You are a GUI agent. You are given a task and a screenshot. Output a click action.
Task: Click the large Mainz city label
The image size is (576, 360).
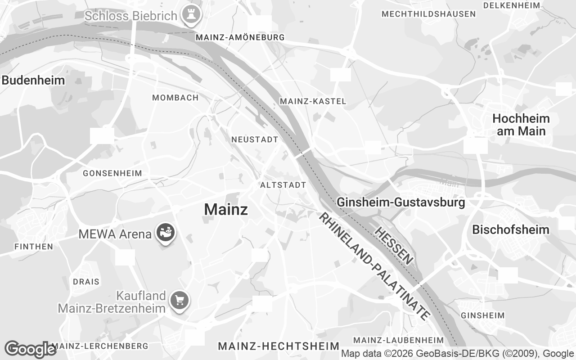[x=226, y=209]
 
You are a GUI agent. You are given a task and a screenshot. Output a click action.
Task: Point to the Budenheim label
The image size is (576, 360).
[x=33, y=81]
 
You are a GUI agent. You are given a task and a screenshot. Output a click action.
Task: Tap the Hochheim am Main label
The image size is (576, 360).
[x=521, y=125]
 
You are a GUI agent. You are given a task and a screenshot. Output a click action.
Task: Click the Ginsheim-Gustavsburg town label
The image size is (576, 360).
[x=401, y=202]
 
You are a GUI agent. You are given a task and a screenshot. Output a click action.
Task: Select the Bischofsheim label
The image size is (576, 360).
[x=510, y=229]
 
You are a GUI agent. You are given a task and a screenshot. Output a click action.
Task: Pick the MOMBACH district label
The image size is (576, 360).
[x=175, y=98]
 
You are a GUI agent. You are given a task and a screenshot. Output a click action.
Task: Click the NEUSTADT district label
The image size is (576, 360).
[x=255, y=140]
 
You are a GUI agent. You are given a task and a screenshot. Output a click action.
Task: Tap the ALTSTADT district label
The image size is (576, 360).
[x=283, y=185]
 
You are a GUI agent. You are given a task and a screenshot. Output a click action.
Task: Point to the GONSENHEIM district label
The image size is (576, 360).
[x=112, y=173]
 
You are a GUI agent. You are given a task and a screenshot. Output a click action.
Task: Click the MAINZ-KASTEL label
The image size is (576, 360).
[x=313, y=102]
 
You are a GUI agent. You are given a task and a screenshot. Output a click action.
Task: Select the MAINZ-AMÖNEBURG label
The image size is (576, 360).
[x=240, y=37]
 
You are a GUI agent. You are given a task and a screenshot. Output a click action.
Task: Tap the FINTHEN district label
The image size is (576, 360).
[x=34, y=247]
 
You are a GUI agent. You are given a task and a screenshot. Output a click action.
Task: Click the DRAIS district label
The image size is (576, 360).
[x=86, y=282]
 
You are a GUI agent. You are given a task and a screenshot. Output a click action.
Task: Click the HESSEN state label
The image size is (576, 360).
[x=394, y=246]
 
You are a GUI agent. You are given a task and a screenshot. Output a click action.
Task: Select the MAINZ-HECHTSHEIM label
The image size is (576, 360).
[x=279, y=346]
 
